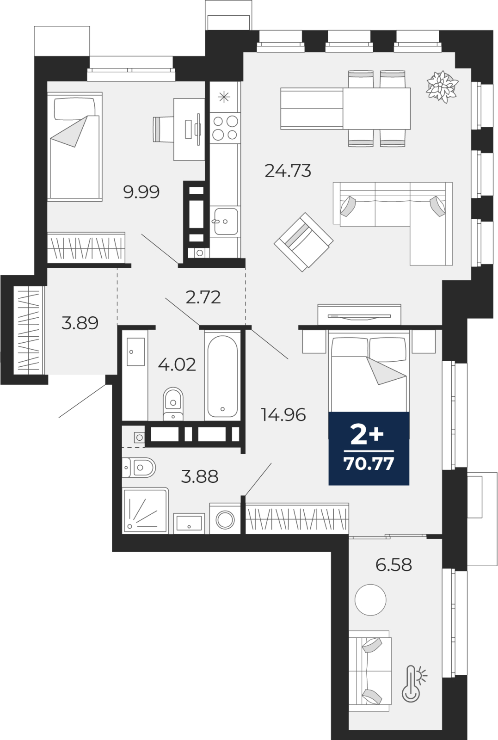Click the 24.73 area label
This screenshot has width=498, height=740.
pos(288,171)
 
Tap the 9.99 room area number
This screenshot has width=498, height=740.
pos(141,191)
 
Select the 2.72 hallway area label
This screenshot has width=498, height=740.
pos(203,297)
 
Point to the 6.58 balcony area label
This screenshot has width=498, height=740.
pos(393,565)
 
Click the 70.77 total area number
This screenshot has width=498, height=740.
pos(369,463)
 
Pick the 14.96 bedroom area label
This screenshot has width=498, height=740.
pos(283,414)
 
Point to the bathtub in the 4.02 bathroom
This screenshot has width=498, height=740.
pos(222,376)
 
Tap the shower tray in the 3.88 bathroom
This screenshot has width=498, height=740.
pos(145,511)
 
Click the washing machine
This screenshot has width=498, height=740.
pos(225,519)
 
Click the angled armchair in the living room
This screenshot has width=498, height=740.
pos(303,242)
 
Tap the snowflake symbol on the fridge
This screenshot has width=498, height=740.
pos(224,97)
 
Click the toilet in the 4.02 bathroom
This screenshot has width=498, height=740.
pos(173,404)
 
